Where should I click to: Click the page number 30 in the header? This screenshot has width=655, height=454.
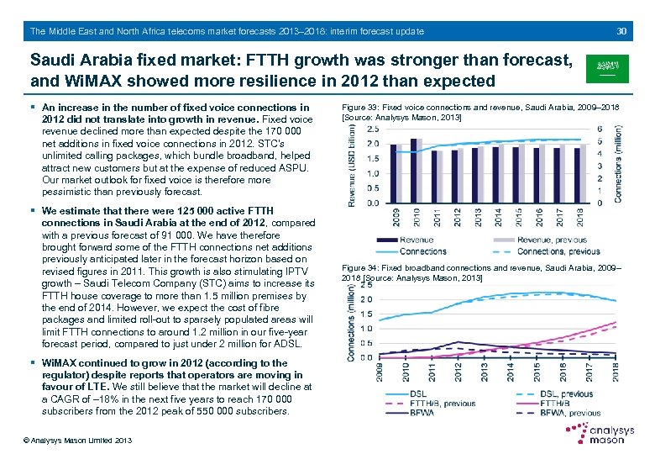click(622, 31)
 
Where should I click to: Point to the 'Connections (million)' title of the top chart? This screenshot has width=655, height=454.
click(619, 163)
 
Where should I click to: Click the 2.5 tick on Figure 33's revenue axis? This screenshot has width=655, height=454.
click(372, 129)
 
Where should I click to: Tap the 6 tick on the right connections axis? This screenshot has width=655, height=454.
click(600, 129)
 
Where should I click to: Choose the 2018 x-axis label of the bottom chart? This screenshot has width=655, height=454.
click(616, 371)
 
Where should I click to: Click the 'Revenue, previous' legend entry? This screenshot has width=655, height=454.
click(546, 240)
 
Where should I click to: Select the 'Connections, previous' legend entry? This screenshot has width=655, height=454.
click(558, 251)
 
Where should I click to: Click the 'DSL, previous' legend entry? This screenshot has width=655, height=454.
click(565, 393)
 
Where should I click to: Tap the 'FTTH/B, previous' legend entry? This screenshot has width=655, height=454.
click(443, 404)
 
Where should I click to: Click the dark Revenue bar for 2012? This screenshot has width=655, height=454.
click(453, 177)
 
